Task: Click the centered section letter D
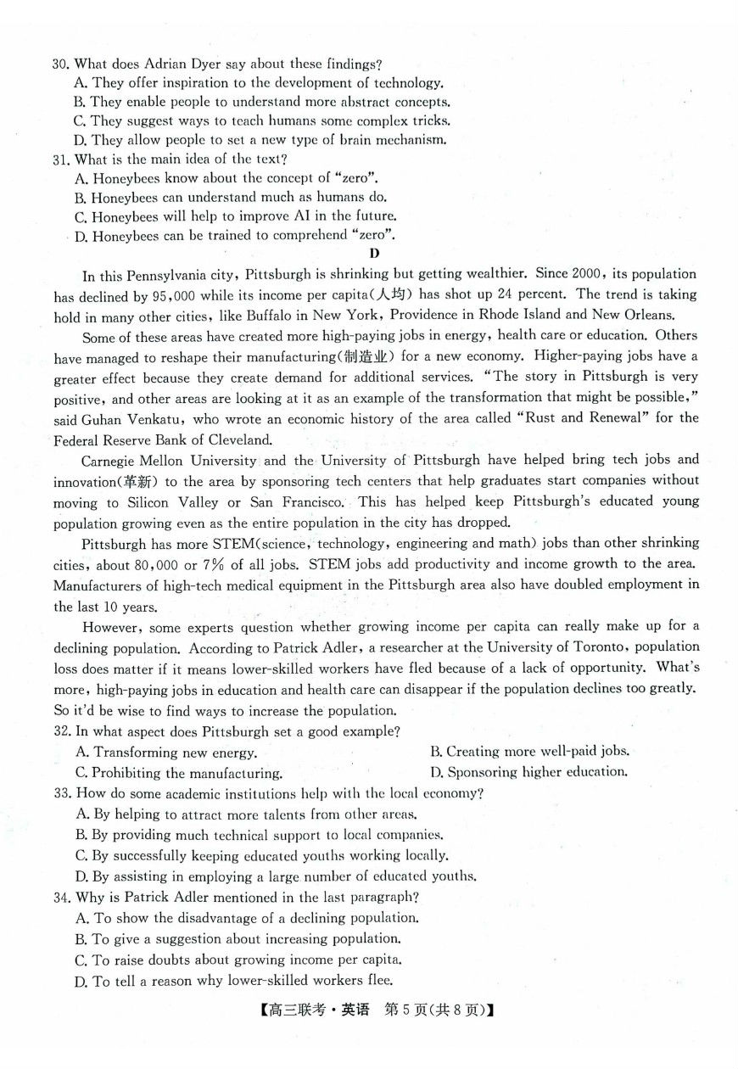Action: [374, 253]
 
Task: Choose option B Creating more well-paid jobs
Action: [529, 752]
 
